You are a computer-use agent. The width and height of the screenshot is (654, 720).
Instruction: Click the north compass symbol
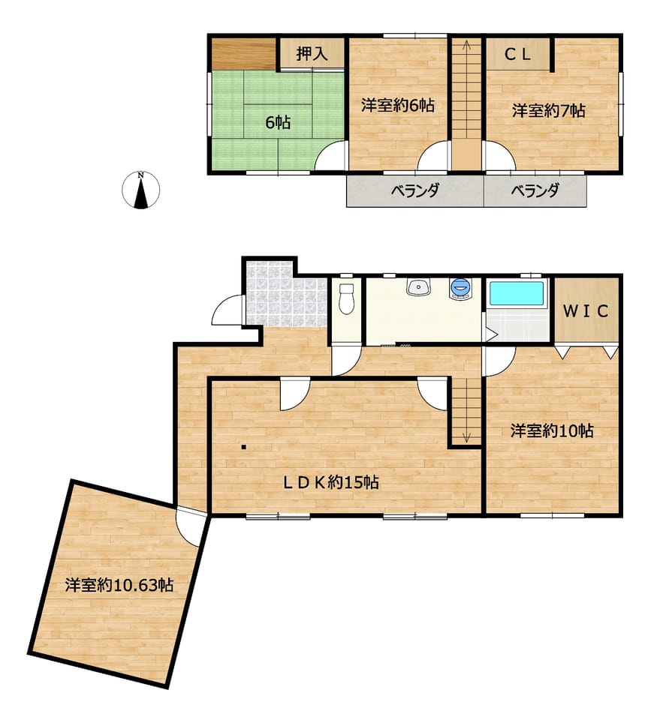(141, 190)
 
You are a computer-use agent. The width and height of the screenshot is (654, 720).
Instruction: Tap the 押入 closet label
(312, 54)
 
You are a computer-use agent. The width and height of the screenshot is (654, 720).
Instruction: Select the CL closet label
(518, 55)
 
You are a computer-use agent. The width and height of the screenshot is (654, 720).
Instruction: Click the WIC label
(586, 311)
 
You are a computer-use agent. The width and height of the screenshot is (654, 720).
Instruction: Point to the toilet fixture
(347, 298)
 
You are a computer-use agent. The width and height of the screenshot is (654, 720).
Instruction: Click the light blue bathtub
(517, 293)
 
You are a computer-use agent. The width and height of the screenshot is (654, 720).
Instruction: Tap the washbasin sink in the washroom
(418, 286)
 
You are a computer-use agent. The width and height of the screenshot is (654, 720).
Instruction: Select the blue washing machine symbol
(461, 288)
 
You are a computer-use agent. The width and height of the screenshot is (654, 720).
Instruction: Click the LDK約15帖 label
(330, 482)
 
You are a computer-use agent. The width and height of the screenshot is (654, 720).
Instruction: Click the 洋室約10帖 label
(552, 430)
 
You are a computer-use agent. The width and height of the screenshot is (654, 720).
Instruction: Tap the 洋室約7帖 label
(549, 111)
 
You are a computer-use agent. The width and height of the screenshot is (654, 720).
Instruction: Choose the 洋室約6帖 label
(397, 105)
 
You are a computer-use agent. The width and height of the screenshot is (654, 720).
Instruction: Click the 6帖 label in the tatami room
(278, 122)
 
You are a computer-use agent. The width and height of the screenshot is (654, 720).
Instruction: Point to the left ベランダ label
(415, 190)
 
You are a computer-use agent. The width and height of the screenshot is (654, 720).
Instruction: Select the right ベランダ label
(535, 190)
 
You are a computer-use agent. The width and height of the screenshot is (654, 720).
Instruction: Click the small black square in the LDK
(244, 447)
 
